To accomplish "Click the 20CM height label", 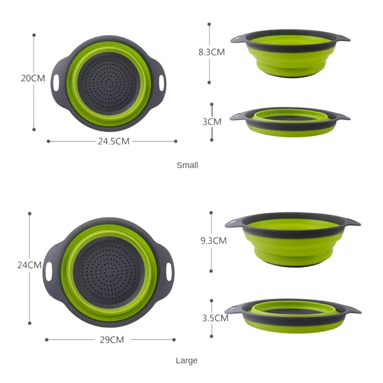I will (x=33, y=78).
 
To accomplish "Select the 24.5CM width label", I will (x=113, y=141).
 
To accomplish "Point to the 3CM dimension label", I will (x=212, y=122).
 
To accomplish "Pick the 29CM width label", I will (x=111, y=340).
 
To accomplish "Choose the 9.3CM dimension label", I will (x=214, y=241).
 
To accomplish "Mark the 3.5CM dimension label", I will (x=214, y=317).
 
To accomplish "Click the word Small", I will (x=187, y=165).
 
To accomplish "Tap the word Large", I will (x=187, y=360).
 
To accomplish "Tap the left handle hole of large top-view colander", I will (x=49, y=271).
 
